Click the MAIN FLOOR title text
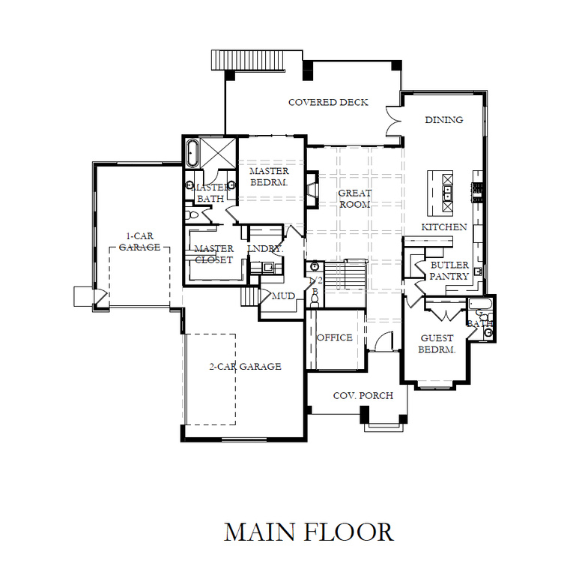[x=309, y=532]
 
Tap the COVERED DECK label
[x=328, y=102]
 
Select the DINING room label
[x=443, y=120]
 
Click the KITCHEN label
[x=443, y=227]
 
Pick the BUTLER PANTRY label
[x=449, y=271]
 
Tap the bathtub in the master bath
[x=192, y=153]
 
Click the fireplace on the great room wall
[x=312, y=187]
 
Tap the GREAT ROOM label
[x=354, y=199]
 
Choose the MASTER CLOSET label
[x=213, y=254]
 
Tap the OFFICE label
[x=334, y=337]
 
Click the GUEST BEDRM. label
[x=436, y=344]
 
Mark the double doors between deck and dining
[x=393, y=122]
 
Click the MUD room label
[x=282, y=296]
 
